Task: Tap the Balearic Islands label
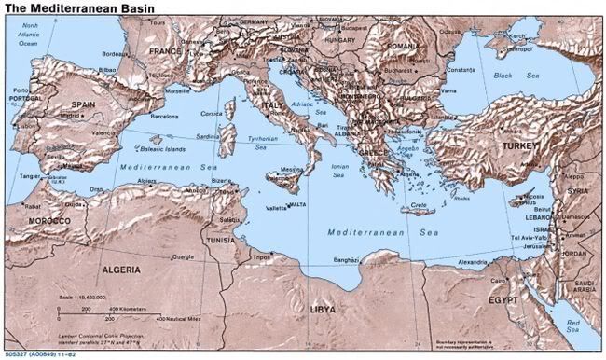point(162,148)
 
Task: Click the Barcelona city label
point(158,118)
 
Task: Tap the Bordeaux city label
point(116,54)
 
